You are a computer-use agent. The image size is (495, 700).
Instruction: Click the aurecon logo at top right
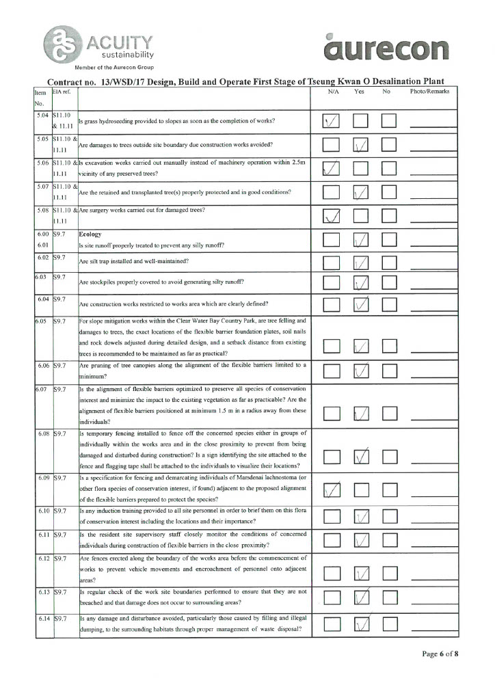[x=388, y=48]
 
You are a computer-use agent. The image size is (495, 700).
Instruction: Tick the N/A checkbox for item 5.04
[x=332, y=121]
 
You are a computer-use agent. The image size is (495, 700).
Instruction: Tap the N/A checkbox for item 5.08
[x=332, y=217]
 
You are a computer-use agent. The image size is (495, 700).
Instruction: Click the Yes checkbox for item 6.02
[x=361, y=262]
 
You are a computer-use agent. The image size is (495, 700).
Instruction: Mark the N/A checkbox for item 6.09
[x=332, y=491]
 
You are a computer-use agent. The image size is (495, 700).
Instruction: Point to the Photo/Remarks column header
[x=429, y=91]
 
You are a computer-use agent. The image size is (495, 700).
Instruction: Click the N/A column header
[x=334, y=91]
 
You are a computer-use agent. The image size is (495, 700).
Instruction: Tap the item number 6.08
[x=44, y=433]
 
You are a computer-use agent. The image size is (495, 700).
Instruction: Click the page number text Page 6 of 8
[x=440, y=654]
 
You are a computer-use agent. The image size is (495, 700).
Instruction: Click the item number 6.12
[x=44, y=559]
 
